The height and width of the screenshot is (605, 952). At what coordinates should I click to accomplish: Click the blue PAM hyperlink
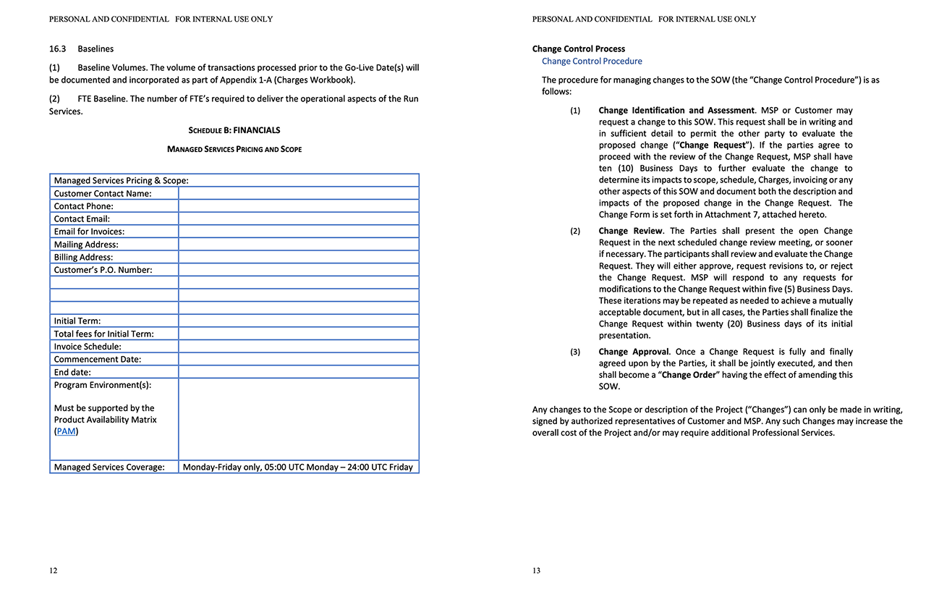[66, 431]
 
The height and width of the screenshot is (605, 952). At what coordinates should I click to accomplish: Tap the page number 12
[54, 570]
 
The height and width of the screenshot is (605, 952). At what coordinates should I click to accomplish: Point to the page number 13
[536, 570]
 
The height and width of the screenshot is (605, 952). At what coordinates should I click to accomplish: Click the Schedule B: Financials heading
[234, 130]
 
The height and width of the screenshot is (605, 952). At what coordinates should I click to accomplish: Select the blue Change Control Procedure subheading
[592, 62]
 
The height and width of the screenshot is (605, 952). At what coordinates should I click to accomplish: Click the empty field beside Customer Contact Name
[298, 193]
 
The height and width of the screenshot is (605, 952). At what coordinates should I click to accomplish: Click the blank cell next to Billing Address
[298, 257]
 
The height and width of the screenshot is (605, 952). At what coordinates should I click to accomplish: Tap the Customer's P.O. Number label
[103, 270]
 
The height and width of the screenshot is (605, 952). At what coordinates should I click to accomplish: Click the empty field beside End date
[298, 372]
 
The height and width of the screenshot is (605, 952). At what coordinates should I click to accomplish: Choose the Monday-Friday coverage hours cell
[297, 467]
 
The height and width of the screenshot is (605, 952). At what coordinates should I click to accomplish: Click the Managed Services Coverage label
[109, 467]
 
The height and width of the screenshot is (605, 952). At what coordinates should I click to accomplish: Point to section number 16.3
[58, 49]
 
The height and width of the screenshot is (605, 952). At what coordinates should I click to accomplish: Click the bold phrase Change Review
[630, 231]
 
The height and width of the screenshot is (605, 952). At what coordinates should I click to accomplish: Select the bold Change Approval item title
[634, 352]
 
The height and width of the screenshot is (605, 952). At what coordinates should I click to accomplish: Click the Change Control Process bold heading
[579, 49]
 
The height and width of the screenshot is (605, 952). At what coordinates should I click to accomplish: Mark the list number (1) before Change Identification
[575, 111]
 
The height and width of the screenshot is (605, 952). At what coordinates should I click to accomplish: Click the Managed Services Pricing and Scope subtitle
[234, 149]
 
